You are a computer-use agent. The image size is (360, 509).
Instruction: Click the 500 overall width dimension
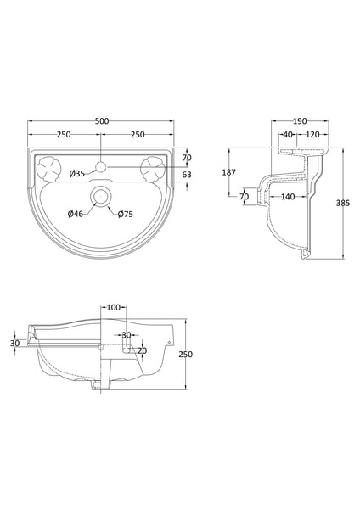tap(102, 121)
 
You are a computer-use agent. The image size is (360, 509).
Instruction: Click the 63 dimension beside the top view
tap(188, 175)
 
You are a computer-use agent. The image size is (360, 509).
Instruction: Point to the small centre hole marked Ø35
tap(102, 165)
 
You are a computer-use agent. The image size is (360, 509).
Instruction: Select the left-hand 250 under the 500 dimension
tap(64, 134)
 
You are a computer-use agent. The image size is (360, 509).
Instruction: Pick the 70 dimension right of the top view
tap(188, 158)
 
